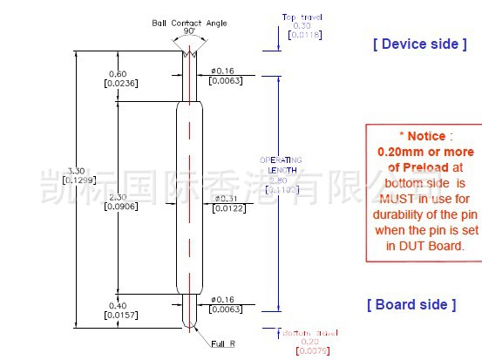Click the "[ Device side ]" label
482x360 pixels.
pos(414,44)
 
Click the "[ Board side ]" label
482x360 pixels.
pos(411,304)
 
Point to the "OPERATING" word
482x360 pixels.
pos(281,160)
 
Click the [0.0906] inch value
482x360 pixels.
pos(118,207)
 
